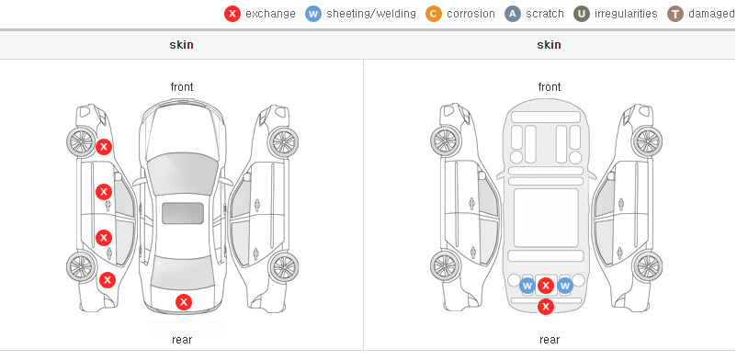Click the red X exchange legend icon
(232, 14)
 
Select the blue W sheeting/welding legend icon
(313, 14)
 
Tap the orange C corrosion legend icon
(434, 14)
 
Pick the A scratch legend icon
(513, 14)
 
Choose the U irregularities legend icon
(582, 14)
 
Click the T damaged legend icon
(675, 14)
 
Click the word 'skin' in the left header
(181, 45)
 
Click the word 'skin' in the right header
(549, 45)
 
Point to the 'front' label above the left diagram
(181, 87)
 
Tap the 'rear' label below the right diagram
(549, 339)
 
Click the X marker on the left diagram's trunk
(184, 302)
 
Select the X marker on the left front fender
(104, 147)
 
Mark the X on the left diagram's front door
(104, 192)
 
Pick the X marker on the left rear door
(104, 237)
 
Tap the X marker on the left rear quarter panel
(108, 280)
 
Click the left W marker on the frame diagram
(527, 286)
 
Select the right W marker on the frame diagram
(565, 286)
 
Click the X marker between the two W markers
(545, 286)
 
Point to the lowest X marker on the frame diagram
(546, 307)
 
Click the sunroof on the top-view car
(183, 213)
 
